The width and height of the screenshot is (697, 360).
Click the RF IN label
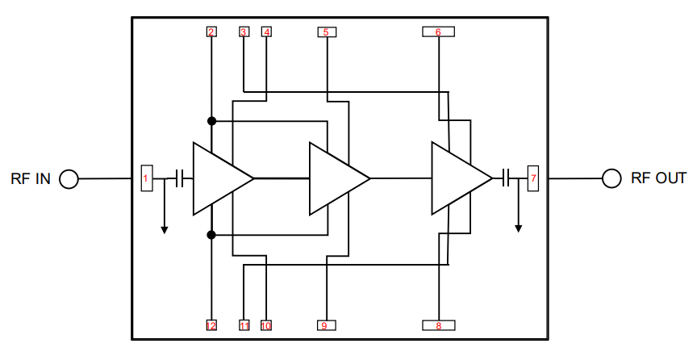click(x=30, y=178)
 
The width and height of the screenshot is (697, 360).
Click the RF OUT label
click(x=658, y=178)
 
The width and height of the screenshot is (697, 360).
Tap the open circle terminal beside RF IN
click(x=69, y=179)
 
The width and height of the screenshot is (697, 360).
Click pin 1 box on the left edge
click(x=146, y=178)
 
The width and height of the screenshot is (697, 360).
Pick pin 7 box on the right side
click(x=532, y=178)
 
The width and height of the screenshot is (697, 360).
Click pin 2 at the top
click(x=211, y=32)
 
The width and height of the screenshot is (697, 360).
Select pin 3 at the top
click(x=244, y=32)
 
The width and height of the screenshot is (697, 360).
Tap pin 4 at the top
click(x=266, y=32)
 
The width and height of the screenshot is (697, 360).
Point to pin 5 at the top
click(x=326, y=32)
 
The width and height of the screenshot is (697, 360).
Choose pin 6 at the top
click(x=438, y=32)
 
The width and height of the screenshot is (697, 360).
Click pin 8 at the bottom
click(x=438, y=325)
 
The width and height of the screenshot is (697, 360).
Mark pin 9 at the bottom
click(x=326, y=325)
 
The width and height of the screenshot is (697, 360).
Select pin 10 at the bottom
click(x=266, y=325)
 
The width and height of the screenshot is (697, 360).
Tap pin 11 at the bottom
click(x=244, y=325)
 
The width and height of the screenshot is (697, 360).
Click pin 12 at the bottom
click(x=211, y=325)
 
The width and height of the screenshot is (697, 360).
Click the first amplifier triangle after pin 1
click(x=217, y=178)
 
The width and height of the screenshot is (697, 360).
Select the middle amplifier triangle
click(x=333, y=178)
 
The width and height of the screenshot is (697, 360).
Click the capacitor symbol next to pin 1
click(x=180, y=178)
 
